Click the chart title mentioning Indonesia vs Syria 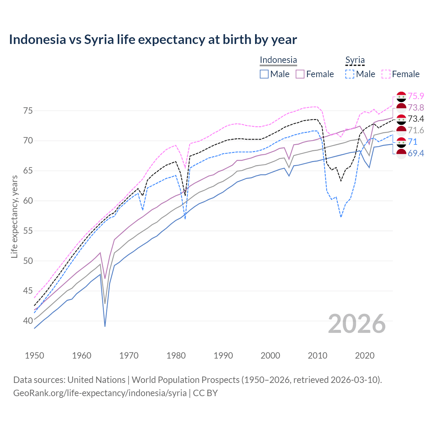tap(153, 40)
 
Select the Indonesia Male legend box tap(264, 74)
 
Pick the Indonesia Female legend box tap(300, 74)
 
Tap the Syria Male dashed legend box tap(350, 74)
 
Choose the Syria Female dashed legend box tap(386, 74)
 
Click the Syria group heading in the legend tap(355, 60)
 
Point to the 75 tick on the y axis tap(28, 111)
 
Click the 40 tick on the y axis tap(28, 321)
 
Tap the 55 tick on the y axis tap(28, 231)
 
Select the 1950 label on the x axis tap(35, 356)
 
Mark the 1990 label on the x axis tap(223, 356)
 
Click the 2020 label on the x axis tap(365, 356)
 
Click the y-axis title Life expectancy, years tap(14, 216)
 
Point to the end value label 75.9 tap(416, 96)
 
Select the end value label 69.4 tap(416, 153)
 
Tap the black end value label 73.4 tap(416, 119)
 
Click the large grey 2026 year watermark tap(357, 324)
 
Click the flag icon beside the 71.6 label tap(401, 130)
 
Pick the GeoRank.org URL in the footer tap(100, 393)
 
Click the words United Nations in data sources tap(96, 380)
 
